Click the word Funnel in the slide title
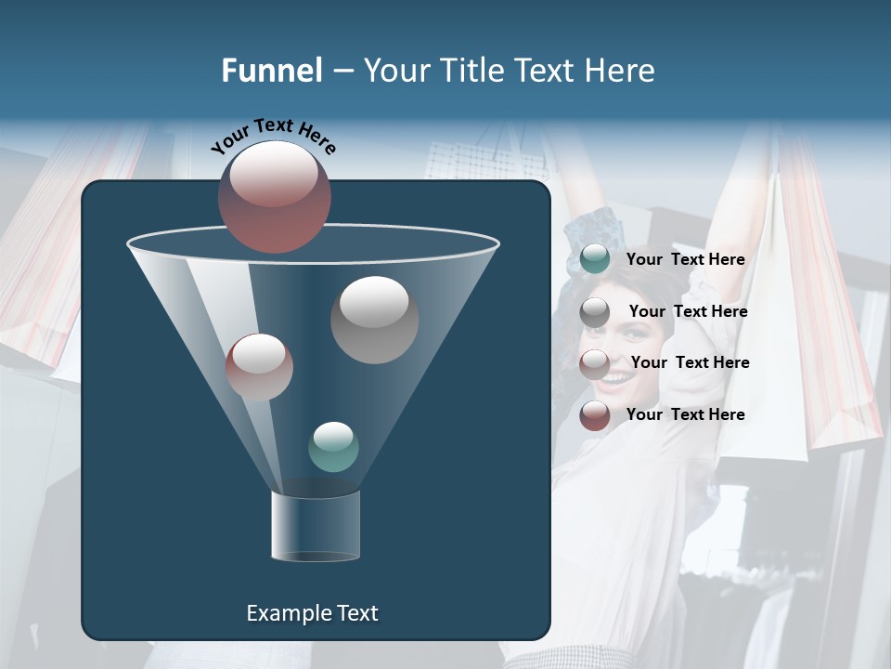(272, 71)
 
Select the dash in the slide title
(342, 72)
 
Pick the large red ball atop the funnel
(275, 197)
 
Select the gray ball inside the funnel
(374, 320)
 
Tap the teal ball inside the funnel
(333, 447)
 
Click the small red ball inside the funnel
(259, 367)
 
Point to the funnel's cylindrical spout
(316, 526)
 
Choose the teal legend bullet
(595, 259)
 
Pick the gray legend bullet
(595, 312)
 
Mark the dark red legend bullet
(595, 416)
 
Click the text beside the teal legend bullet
(685, 260)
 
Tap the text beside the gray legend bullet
(688, 312)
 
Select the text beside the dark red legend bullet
(685, 414)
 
